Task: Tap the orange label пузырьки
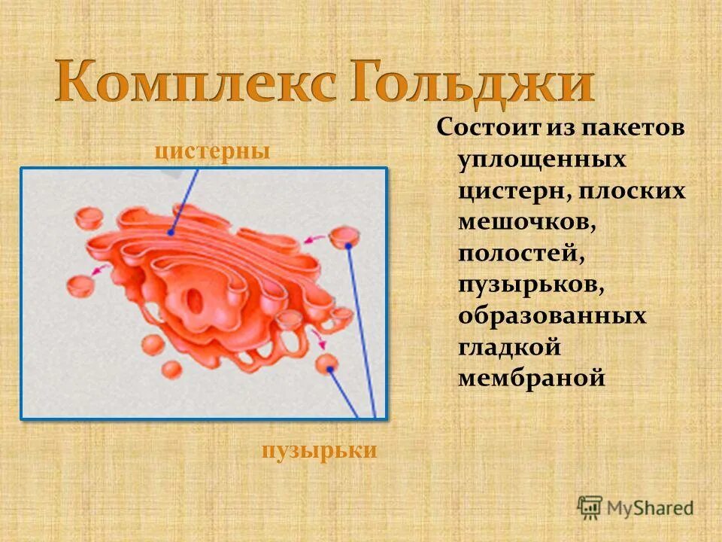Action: [x=319, y=451]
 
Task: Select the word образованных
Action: [x=552, y=315]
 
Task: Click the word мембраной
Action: [x=532, y=378]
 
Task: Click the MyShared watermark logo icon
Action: [x=590, y=507]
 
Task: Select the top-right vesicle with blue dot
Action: [x=345, y=238]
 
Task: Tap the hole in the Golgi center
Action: [x=195, y=301]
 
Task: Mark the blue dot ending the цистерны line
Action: [x=172, y=233]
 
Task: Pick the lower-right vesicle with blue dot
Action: [x=327, y=365]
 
